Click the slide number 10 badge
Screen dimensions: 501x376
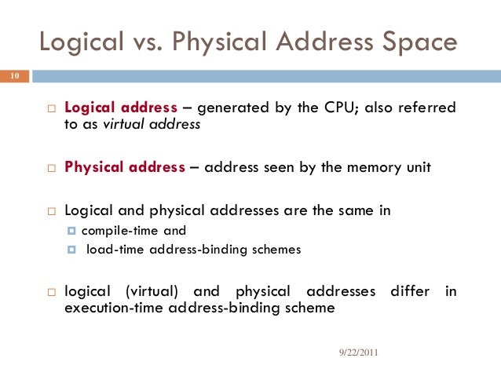click(14, 77)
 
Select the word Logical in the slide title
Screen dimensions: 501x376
click(78, 42)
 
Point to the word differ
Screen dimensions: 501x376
click(409, 291)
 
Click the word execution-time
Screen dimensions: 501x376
click(108, 308)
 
